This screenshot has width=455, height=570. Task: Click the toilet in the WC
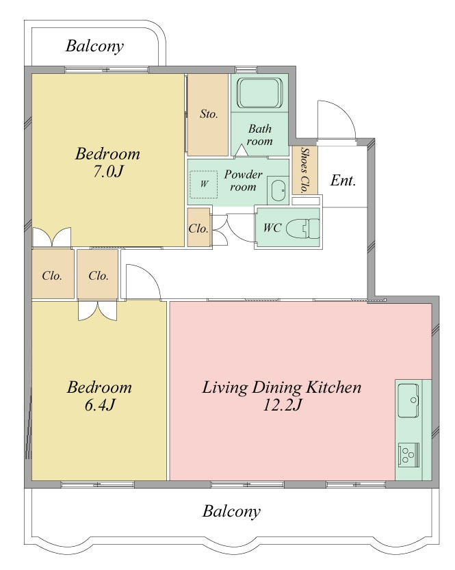point(303,229)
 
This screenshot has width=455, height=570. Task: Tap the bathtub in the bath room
point(259,92)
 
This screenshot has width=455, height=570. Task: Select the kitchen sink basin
point(408,400)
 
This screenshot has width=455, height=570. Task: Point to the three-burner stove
point(409,454)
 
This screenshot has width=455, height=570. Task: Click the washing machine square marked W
point(204,184)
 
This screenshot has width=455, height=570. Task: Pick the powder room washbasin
point(278,190)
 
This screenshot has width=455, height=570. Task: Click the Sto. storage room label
point(209,114)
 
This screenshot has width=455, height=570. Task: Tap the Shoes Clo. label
point(305,170)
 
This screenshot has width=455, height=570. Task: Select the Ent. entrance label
point(343,181)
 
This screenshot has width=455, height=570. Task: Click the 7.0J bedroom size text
point(107,171)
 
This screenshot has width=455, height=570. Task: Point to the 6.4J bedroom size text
point(100,404)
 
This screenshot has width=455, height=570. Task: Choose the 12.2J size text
point(282,404)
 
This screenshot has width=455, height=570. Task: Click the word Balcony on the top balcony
point(94,46)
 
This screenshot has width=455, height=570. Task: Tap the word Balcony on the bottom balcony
point(231,511)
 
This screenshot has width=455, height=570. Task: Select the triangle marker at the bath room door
point(242,151)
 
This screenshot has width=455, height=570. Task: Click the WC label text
point(272,228)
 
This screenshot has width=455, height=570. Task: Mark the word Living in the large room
point(224,388)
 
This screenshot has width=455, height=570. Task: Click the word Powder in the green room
point(243,174)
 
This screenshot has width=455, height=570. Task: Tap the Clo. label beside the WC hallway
point(198,229)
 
